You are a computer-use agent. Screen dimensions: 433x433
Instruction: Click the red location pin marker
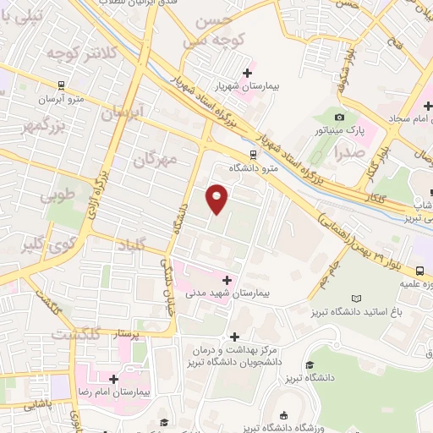pos(217,197)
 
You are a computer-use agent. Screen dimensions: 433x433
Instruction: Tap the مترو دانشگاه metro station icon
pos(252,155)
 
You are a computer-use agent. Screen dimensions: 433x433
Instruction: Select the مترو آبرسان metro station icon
pos(60,85)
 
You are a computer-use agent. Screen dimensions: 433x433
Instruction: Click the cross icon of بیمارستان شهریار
pos(246,73)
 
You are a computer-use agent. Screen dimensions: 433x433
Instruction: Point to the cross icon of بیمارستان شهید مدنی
pos(226,279)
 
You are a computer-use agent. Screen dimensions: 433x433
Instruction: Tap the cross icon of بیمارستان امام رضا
pos(112,378)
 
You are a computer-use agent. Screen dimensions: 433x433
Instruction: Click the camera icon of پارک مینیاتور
pos(339,117)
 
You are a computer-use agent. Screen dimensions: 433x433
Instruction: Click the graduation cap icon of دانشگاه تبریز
pos(310,364)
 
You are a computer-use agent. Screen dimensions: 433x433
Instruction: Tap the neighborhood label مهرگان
pos(158,158)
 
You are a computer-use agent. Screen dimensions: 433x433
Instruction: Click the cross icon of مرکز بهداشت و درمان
pos(234,337)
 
